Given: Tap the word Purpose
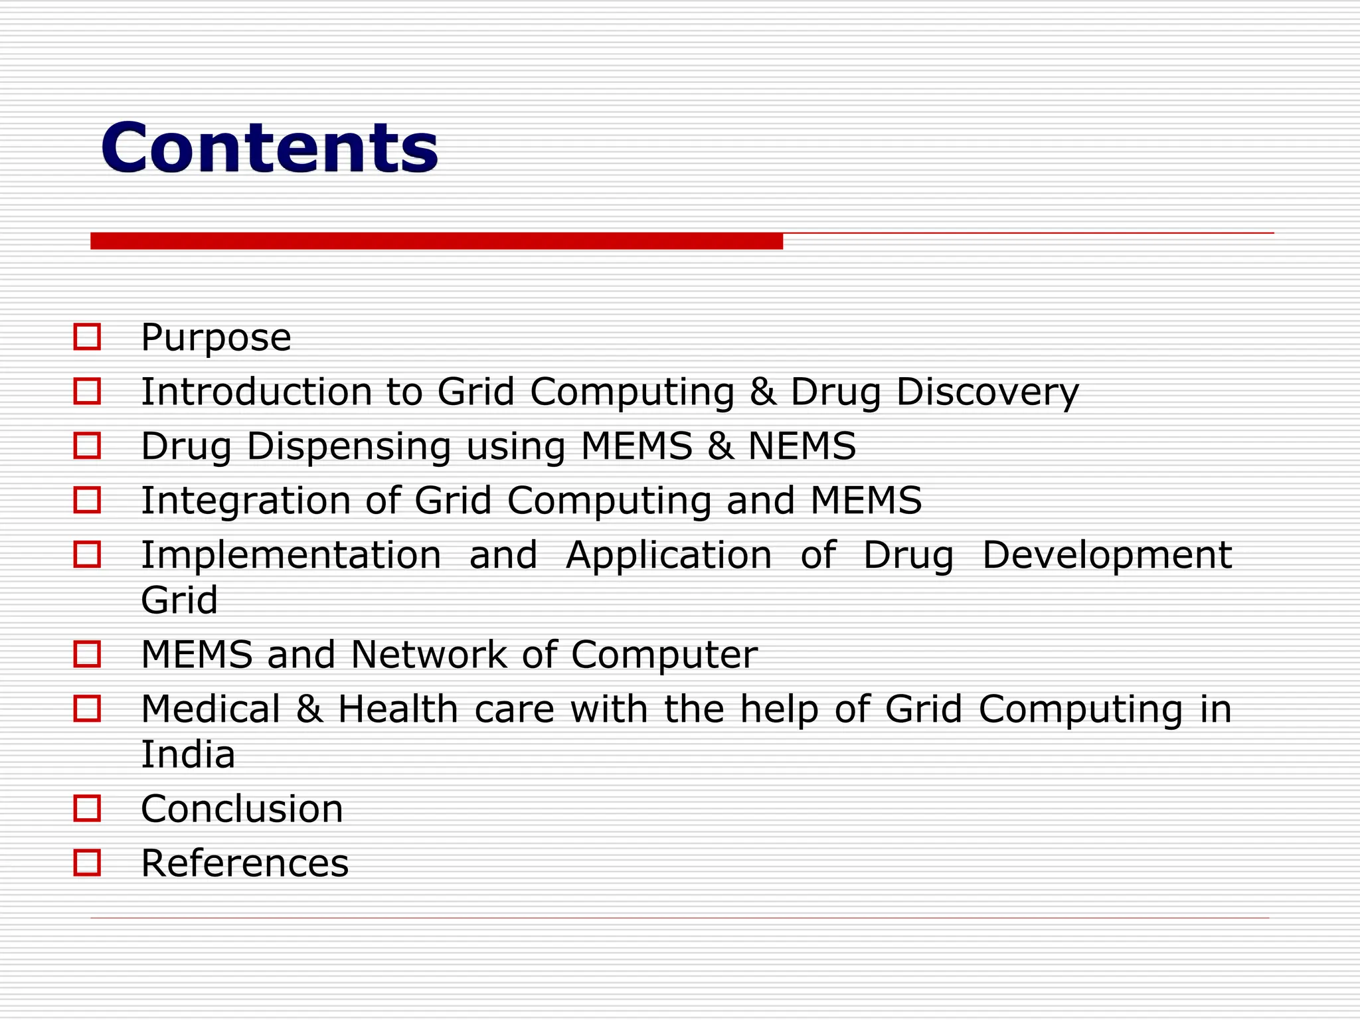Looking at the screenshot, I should tap(216, 337).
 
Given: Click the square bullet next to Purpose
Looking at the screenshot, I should tap(87, 337).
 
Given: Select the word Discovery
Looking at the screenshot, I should tap(987, 392).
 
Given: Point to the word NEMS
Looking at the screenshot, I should tap(802, 446).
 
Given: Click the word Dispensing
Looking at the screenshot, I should tap(349, 446).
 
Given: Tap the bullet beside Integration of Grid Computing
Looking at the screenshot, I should tap(87, 500).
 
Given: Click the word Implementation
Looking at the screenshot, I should tap(291, 554).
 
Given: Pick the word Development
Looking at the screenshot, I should tap(1106, 554).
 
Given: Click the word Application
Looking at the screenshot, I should tap(669, 556).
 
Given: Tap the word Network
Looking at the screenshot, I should tap(428, 655).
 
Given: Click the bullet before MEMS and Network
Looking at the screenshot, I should tap(87, 654).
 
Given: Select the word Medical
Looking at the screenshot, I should tap(211, 709).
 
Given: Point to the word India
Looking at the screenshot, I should tap(188, 754).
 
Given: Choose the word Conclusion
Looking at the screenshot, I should tap(242, 809).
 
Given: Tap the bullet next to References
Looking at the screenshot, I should tap(87, 863).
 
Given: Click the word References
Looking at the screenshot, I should tap(244, 863).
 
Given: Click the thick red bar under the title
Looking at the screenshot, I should tap(436, 241).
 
